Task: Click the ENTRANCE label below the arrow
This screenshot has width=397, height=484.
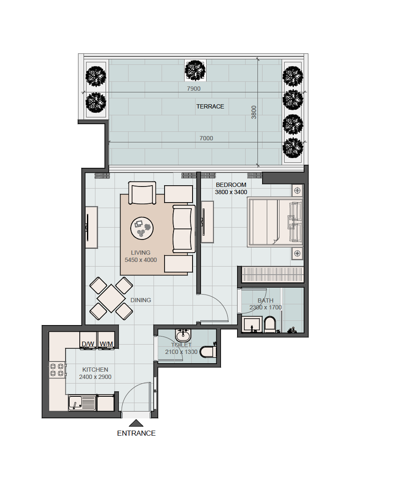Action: click(x=136, y=433)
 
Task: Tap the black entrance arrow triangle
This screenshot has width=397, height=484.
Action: click(x=136, y=423)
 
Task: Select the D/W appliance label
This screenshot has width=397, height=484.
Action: click(x=88, y=344)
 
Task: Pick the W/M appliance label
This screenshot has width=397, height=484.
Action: click(x=106, y=344)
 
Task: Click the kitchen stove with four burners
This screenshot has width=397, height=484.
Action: click(x=57, y=370)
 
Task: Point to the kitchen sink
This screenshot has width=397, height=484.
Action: click(x=82, y=403)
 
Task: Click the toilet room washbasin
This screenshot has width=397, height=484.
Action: click(x=183, y=335)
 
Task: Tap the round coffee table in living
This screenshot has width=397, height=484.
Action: click(x=142, y=228)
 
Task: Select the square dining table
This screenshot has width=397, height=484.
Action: click(x=111, y=298)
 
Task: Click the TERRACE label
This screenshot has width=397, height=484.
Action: click(x=210, y=106)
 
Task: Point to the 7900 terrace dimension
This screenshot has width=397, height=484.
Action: click(x=194, y=89)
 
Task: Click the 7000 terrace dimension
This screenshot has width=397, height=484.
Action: click(x=206, y=138)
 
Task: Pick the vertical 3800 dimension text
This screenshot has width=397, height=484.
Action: click(x=254, y=112)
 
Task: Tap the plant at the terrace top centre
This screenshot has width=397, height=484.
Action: click(x=195, y=70)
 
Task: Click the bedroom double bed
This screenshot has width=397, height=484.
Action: click(x=275, y=222)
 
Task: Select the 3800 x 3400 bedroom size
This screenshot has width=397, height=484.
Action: click(x=231, y=192)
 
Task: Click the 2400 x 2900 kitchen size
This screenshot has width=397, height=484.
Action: click(x=95, y=377)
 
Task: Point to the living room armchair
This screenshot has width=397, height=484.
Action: click(x=142, y=193)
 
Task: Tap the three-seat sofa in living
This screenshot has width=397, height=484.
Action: click(x=184, y=229)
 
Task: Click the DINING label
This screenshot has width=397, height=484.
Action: click(x=140, y=300)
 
